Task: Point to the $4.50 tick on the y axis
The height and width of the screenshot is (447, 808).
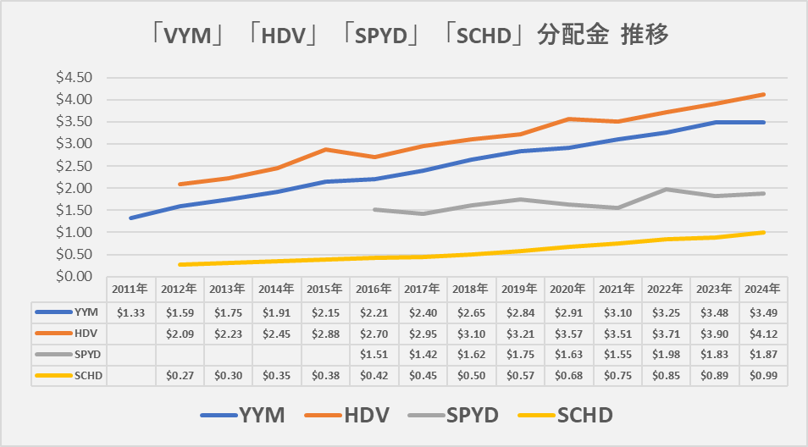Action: pyautogui.click(x=74, y=77)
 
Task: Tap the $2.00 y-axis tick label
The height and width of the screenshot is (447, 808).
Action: pyautogui.click(x=74, y=188)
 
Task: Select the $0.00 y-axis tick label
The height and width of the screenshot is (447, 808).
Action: pyautogui.click(x=74, y=276)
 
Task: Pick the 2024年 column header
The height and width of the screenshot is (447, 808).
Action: pyautogui.click(x=763, y=289)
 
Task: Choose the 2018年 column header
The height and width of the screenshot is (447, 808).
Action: pyautogui.click(x=471, y=289)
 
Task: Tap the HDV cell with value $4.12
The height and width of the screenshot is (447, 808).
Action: pyautogui.click(x=763, y=333)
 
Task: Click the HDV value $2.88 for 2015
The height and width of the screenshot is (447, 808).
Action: pyautogui.click(x=325, y=333)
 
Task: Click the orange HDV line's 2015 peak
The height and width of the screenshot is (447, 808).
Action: pyautogui.click(x=325, y=149)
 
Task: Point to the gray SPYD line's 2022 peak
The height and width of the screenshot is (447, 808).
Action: pyautogui.click(x=666, y=189)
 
